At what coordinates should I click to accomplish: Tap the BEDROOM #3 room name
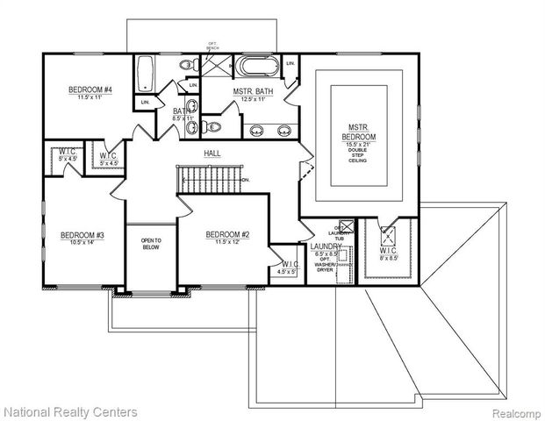(82, 235)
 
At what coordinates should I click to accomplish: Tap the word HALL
(212, 153)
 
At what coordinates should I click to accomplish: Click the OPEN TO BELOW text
(152, 242)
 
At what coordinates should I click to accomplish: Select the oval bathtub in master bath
(257, 67)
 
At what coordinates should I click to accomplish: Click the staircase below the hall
(207, 181)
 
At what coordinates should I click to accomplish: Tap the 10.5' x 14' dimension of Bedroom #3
(82, 243)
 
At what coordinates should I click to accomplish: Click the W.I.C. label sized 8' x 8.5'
(389, 253)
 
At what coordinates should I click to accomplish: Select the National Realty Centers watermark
(70, 410)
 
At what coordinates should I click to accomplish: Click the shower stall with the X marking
(215, 67)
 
